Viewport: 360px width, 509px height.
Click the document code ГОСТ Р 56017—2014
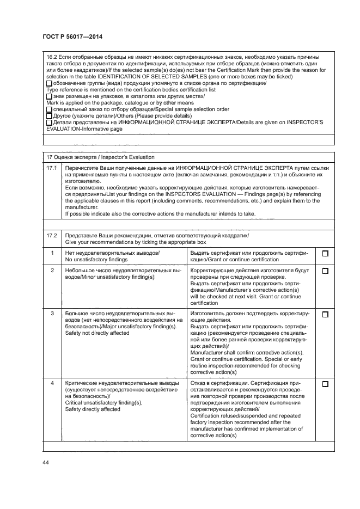[x=72, y=36]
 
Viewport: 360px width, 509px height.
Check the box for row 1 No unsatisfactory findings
[x=325, y=254]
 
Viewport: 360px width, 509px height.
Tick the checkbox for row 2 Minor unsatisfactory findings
[x=325, y=271]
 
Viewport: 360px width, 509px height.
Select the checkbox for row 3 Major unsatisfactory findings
[x=325, y=315]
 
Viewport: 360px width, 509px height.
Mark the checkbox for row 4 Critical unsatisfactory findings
[x=325, y=384]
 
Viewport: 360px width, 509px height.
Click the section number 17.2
[x=52, y=235]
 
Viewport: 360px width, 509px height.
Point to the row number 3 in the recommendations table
[x=52, y=314]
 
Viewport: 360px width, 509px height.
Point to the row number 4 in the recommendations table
[x=52, y=384]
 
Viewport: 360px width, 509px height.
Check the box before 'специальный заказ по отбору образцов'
[x=49, y=109]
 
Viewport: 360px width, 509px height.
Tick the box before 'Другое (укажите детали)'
[x=49, y=116]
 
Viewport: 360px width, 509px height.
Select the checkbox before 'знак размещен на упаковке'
[x=49, y=96]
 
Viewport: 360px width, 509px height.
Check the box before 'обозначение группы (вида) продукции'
[x=49, y=83]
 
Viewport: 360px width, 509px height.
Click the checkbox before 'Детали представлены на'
[x=49, y=122]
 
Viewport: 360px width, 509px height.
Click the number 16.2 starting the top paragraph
[x=52, y=57]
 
